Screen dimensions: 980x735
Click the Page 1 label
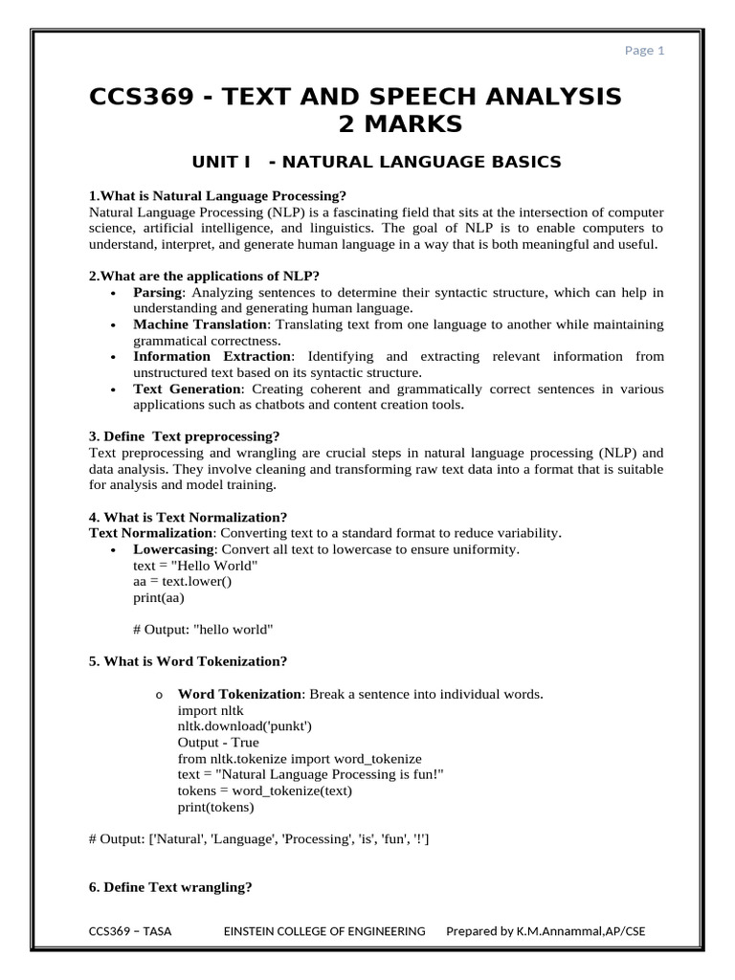(645, 51)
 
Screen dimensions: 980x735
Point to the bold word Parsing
(157, 291)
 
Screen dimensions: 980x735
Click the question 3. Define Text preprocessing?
(184, 435)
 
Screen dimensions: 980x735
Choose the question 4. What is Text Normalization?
(188, 517)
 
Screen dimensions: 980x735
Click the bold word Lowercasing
(173, 549)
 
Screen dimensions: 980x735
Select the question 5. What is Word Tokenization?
(188, 661)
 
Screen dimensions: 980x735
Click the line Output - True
(218, 742)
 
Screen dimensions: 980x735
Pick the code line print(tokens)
(215, 806)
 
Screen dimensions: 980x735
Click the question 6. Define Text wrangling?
(170, 887)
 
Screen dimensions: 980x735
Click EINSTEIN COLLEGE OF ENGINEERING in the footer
(324, 930)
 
